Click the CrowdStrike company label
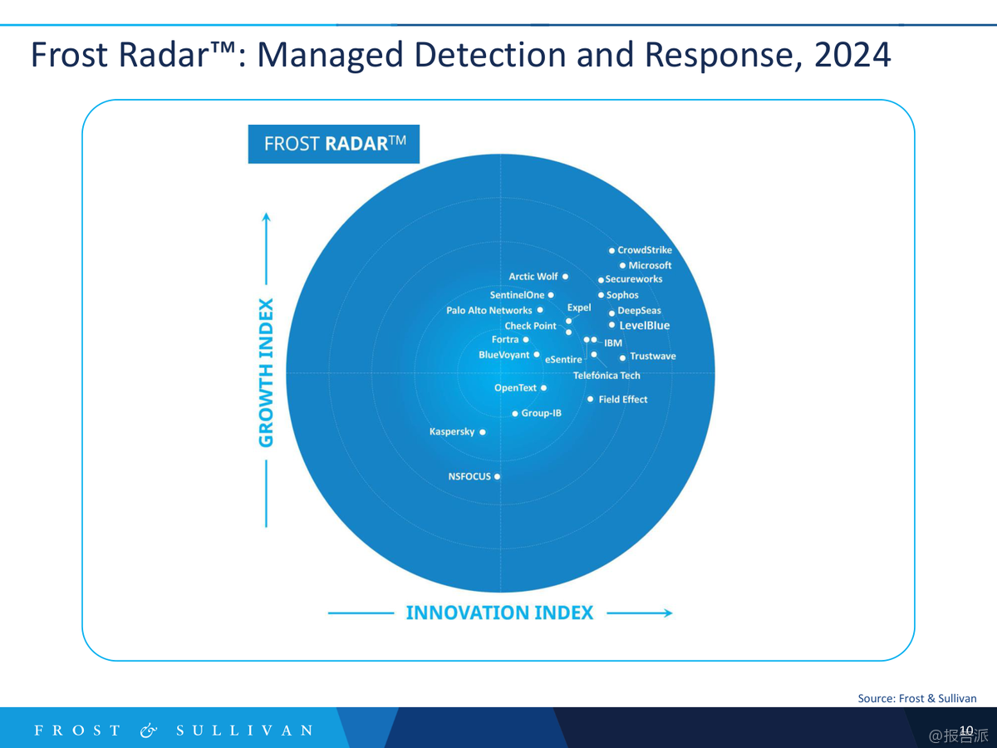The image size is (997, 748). (x=645, y=250)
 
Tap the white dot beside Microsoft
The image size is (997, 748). (x=622, y=266)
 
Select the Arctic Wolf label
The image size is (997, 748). (x=533, y=277)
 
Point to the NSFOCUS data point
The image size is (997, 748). (x=498, y=477)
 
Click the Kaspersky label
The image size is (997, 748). (x=452, y=432)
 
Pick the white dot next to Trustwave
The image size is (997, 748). (x=622, y=357)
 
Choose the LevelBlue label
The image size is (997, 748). (x=644, y=326)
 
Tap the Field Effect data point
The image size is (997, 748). (x=591, y=400)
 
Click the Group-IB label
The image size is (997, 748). (x=542, y=413)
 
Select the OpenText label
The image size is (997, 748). (x=516, y=388)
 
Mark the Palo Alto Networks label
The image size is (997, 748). (x=489, y=311)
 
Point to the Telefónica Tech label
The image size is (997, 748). (x=607, y=376)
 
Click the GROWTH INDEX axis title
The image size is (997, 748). (x=266, y=372)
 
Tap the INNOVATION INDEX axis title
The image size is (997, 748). (x=499, y=613)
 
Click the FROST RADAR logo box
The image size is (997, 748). (x=334, y=144)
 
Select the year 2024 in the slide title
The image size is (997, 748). (x=852, y=56)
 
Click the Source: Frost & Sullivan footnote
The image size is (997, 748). (x=917, y=698)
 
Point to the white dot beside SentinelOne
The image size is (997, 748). (x=551, y=295)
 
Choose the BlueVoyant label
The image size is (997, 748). (x=503, y=356)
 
